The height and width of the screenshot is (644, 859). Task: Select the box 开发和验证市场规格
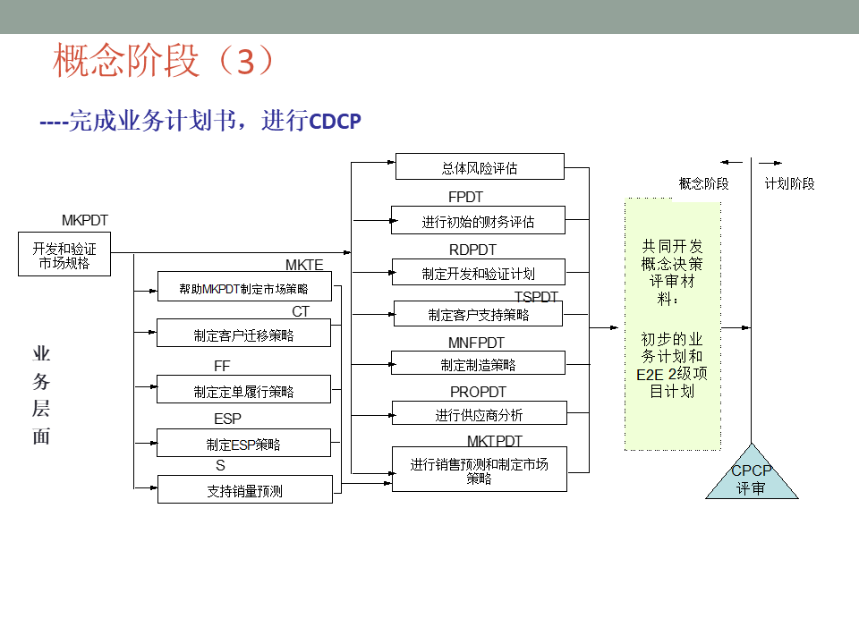64,255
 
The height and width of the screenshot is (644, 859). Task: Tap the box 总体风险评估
480,167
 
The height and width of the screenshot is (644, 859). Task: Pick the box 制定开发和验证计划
479,274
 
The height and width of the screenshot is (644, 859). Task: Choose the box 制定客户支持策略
478,314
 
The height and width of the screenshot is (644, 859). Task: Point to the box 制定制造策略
478,363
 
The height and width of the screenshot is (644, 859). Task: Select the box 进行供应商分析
479,413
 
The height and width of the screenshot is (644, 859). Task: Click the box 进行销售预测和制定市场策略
479,470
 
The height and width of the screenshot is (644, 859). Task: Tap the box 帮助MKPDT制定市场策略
243,288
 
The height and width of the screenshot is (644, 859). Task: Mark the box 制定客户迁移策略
243,335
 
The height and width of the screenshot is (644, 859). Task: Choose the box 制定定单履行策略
243,390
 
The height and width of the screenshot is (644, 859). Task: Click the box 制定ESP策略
243,444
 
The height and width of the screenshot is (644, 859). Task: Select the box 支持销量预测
244,490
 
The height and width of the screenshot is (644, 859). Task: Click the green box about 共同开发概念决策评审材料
672,324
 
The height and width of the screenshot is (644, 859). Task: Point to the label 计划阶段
789,183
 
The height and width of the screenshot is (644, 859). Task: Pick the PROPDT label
478,392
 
